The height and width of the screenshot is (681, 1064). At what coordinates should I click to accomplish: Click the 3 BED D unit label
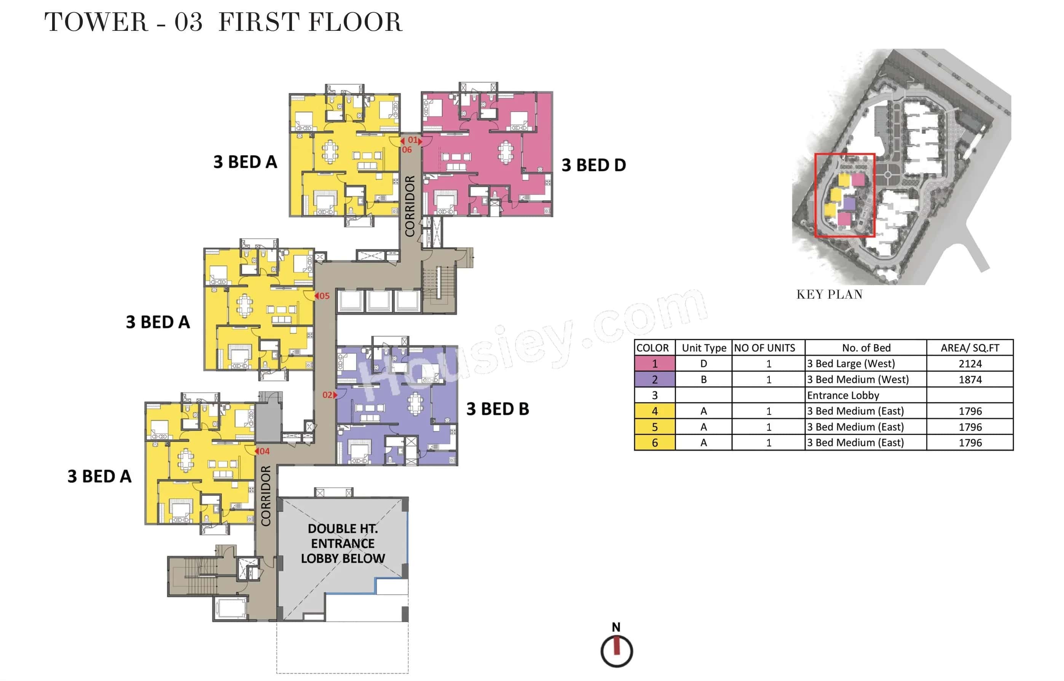(x=593, y=165)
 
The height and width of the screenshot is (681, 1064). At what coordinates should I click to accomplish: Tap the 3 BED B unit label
(x=498, y=409)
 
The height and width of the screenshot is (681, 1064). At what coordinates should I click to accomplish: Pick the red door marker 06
(x=407, y=150)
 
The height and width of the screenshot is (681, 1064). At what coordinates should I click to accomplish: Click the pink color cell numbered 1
(x=654, y=364)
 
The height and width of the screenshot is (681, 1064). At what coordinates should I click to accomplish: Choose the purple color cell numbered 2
(x=654, y=380)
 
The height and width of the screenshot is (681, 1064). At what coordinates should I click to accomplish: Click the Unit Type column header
(x=703, y=348)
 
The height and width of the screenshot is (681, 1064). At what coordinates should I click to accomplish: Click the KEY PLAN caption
(x=829, y=295)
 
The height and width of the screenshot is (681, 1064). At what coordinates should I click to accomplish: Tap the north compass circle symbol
(x=616, y=651)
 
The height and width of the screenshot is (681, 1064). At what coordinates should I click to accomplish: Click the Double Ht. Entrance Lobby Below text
(x=343, y=544)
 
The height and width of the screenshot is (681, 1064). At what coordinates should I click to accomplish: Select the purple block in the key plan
(x=849, y=203)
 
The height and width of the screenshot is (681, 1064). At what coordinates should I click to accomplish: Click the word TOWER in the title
(x=96, y=22)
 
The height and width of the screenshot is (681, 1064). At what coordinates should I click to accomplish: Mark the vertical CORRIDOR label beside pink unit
(x=410, y=206)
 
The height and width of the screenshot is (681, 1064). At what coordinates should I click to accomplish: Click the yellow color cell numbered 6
(x=654, y=443)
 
